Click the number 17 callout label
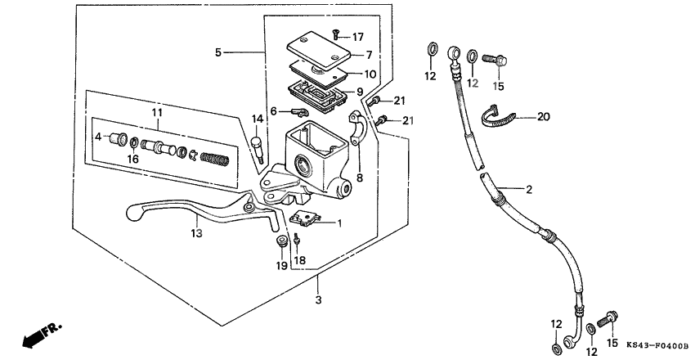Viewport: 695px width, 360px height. (358, 37)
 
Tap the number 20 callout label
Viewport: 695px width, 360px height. (544, 117)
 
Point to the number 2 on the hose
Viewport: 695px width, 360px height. (529, 190)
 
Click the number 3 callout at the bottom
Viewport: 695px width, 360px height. (318, 300)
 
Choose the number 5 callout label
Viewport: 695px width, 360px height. (217, 52)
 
